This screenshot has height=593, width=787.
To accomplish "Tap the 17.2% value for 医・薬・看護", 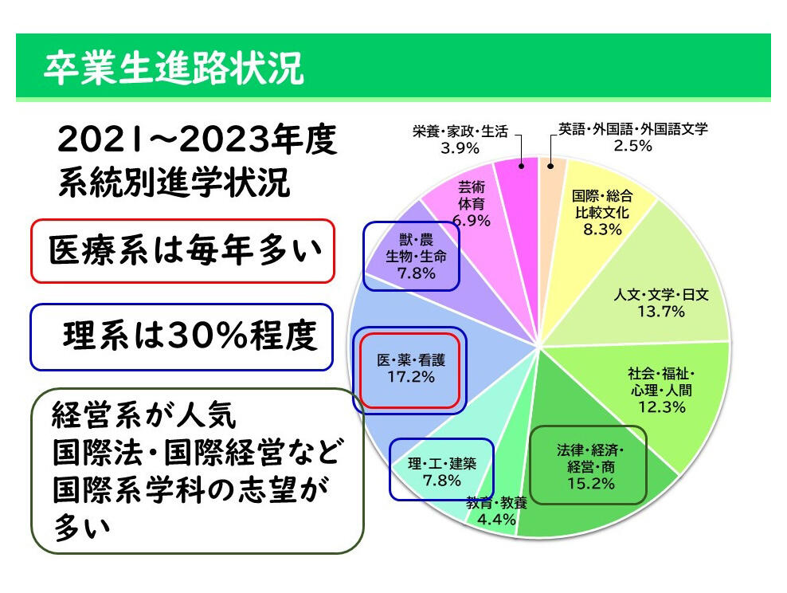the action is [x=410, y=377].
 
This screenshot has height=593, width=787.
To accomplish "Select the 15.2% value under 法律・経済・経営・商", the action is [x=591, y=484].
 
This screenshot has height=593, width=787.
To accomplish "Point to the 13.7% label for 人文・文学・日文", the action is [x=660, y=312].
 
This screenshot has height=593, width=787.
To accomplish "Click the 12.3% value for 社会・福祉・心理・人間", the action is [x=661, y=406].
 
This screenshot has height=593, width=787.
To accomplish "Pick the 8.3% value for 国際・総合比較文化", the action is [x=602, y=230].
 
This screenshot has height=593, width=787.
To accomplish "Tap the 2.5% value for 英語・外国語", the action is [x=633, y=146].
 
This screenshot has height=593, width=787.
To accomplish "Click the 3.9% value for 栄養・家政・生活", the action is [x=460, y=148].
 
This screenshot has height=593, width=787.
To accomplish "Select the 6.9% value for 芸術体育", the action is [x=472, y=221].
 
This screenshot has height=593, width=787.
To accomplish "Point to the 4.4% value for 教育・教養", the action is [x=496, y=519].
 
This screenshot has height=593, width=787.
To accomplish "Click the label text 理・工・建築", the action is [x=441, y=463].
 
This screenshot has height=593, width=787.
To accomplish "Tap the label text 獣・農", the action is [x=416, y=240].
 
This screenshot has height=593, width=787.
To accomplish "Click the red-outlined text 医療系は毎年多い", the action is [x=184, y=250].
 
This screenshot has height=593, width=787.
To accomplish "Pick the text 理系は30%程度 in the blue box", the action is [x=190, y=336].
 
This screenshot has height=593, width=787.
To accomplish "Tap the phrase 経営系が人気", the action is [x=143, y=416].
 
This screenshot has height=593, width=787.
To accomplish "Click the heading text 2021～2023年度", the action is [x=197, y=139].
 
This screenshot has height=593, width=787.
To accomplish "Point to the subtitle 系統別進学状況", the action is [x=174, y=182].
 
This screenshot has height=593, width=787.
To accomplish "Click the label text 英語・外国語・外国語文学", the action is [x=633, y=129].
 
